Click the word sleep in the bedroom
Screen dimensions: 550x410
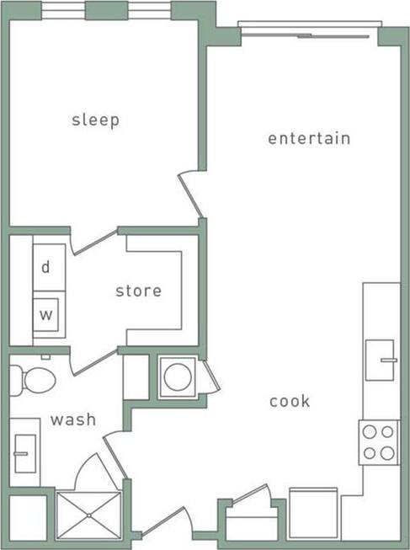tap(95, 120)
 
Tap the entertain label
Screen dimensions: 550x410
tap(309, 138)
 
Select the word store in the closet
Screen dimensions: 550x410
tap(138, 291)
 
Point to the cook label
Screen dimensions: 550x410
tap(290, 401)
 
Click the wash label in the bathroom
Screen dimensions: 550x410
tap(72, 419)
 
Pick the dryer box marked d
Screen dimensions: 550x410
tap(45, 267)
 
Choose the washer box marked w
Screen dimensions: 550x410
tap(45, 316)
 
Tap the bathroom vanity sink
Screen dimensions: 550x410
tap(24, 455)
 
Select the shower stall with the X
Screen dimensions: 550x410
tap(88, 515)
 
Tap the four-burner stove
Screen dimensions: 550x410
tap(378, 442)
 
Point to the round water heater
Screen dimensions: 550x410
tap(177, 377)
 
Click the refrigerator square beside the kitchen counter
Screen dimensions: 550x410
tap(313, 513)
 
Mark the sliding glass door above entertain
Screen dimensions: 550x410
tap(307, 34)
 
